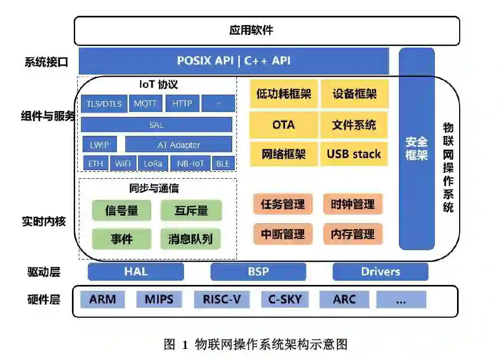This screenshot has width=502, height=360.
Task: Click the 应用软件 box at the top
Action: click(267, 30)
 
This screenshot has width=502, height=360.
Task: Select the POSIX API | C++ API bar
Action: click(234, 61)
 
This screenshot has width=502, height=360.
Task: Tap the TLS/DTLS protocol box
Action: click(104, 104)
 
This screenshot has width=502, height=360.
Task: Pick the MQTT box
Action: click(145, 104)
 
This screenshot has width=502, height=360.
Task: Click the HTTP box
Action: click(182, 104)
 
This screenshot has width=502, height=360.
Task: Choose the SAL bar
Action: click(157, 125)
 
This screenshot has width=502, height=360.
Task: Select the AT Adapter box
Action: click(179, 144)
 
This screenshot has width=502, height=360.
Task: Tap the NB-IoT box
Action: click(190, 163)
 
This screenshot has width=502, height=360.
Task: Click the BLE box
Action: click(223, 163)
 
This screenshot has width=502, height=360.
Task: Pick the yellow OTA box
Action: click(284, 125)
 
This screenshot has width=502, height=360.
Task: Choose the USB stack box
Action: click(354, 154)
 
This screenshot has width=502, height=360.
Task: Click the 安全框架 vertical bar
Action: click(416, 149)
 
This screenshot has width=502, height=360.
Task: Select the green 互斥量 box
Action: click(191, 210)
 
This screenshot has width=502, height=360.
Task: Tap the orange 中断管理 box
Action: click(283, 234)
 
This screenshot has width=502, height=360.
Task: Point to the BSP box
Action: click(258, 272)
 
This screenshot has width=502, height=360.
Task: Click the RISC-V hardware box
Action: click(222, 300)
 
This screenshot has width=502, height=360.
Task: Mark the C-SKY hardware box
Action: click(285, 300)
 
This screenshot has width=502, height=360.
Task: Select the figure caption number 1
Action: click(185, 345)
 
